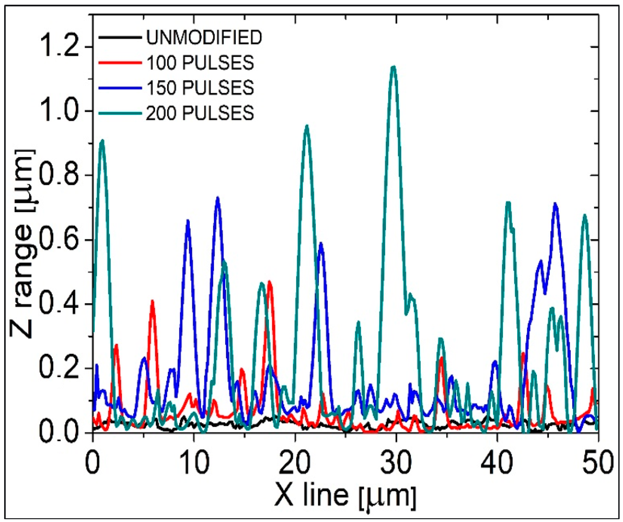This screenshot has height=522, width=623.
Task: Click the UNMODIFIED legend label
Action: click(x=204, y=38)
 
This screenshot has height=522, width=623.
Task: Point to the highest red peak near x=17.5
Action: click(x=270, y=282)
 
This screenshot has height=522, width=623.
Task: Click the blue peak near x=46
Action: click(x=555, y=204)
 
